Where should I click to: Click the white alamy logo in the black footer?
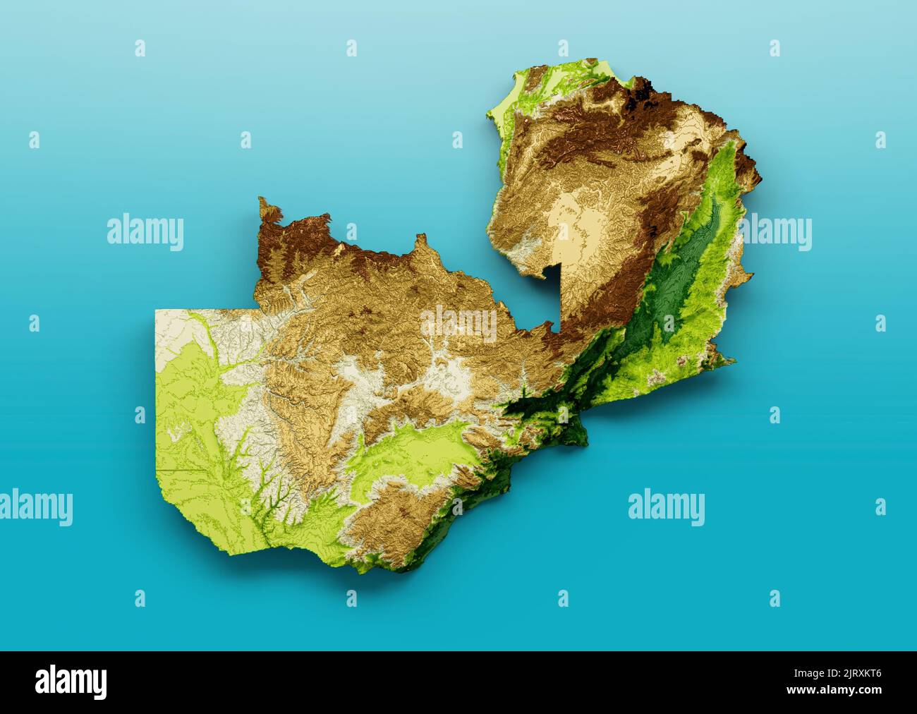point(71,682)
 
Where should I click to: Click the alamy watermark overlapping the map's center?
point(458,322)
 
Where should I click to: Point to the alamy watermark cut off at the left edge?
point(35,507)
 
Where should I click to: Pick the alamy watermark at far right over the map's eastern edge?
point(776,233)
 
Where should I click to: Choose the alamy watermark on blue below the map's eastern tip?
point(666,507)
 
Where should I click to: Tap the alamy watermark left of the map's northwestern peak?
point(145,233)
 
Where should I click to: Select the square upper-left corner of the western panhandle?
point(157,311)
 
